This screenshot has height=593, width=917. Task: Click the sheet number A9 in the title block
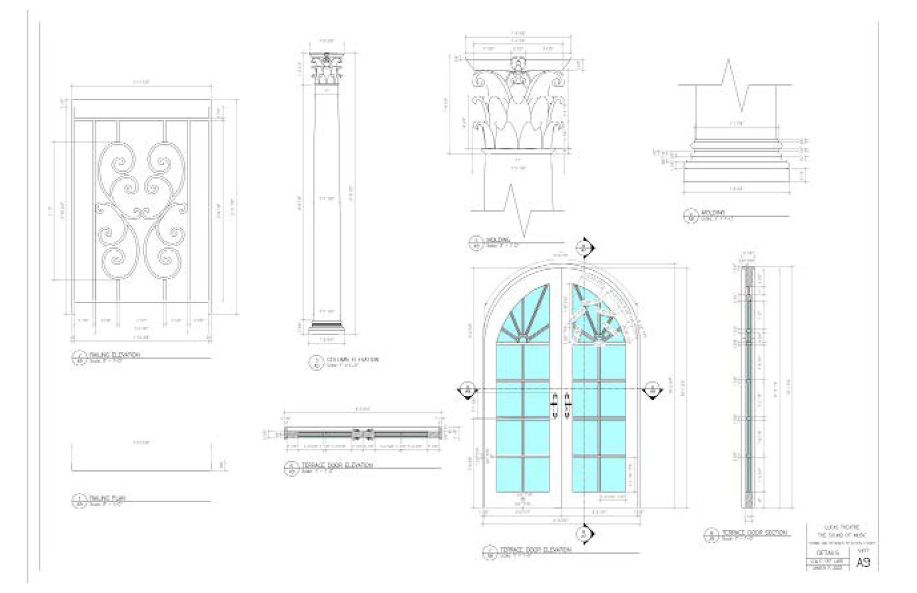pos(863,563)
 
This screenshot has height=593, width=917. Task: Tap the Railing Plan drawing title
pos(107,498)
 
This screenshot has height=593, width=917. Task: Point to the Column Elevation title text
pos(352,360)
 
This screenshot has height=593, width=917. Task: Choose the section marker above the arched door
pos(584,248)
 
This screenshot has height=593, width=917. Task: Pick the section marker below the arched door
pos(584,534)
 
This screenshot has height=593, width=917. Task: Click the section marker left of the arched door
pos(468,390)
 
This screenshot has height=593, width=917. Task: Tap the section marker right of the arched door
pos(652,390)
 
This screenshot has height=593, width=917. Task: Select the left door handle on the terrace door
pos(555,406)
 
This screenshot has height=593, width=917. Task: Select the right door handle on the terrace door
pos(567,406)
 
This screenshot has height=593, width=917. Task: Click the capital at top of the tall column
pos(327,70)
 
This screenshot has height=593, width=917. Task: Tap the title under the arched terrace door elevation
pos(535,550)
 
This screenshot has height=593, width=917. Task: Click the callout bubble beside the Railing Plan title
pos(78,500)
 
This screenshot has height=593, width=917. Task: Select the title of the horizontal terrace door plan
pos(337,465)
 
